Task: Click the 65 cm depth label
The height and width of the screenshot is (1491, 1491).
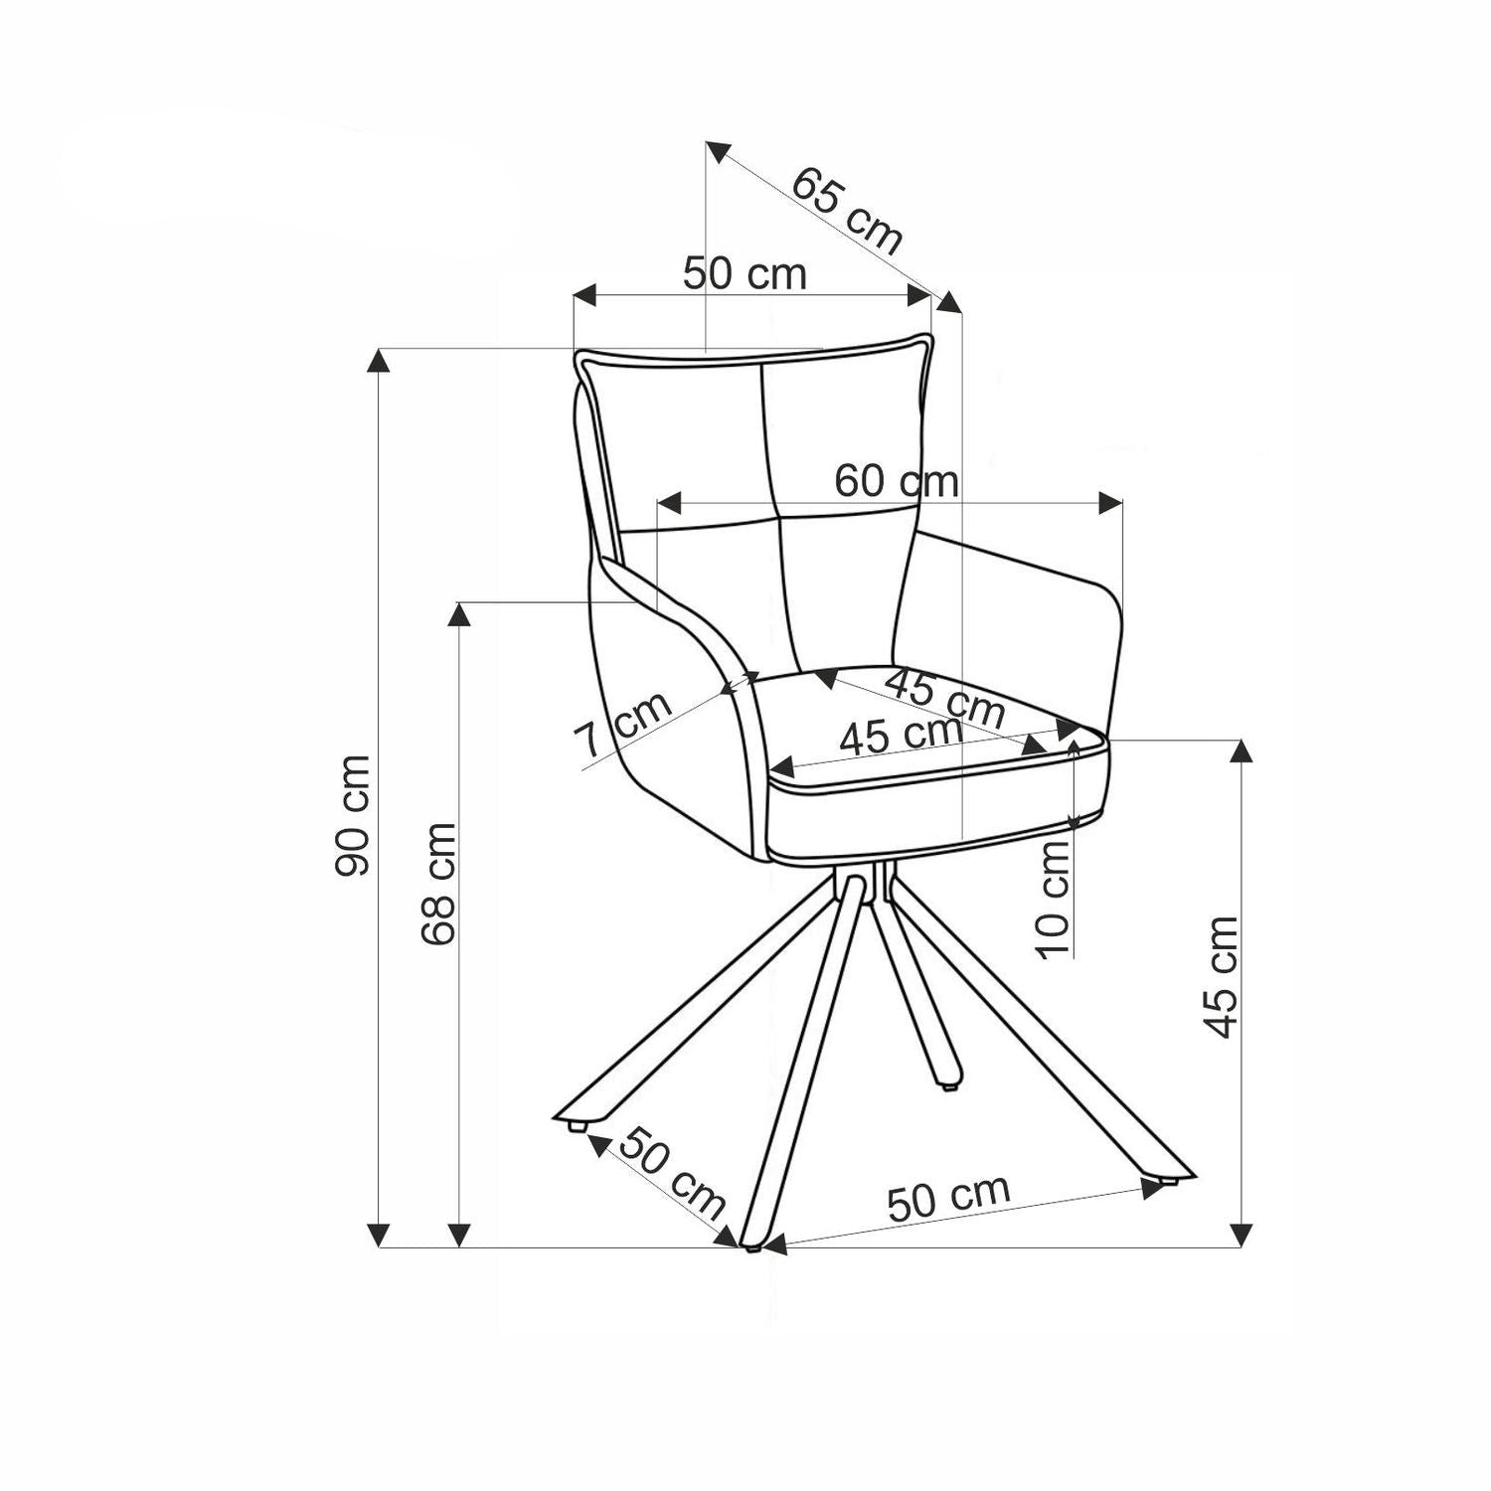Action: pyautogui.click(x=848, y=212)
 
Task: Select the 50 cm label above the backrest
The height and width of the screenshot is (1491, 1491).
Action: pyautogui.click(x=745, y=273)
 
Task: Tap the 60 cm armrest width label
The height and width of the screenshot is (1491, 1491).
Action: pyautogui.click(x=896, y=481)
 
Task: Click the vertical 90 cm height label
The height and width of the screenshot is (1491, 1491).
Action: pyautogui.click(x=353, y=815)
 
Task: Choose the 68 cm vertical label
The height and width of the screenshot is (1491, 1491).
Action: pyautogui.click(x=437, y=884)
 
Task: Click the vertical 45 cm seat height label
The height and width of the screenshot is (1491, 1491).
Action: pyautogui.click(x=1222, y=976)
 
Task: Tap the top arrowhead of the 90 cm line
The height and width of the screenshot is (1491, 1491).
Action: pyautogui.click(x=378, y=360)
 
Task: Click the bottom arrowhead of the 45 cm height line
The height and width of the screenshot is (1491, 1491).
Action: pyautogui.click(x=1241, y=1234)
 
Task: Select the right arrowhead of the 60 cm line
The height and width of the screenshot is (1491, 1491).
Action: pyautogui.click(x=1109, y=502)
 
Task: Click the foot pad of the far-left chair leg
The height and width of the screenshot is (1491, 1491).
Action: pyautogui.click(x=575, y=1127)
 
